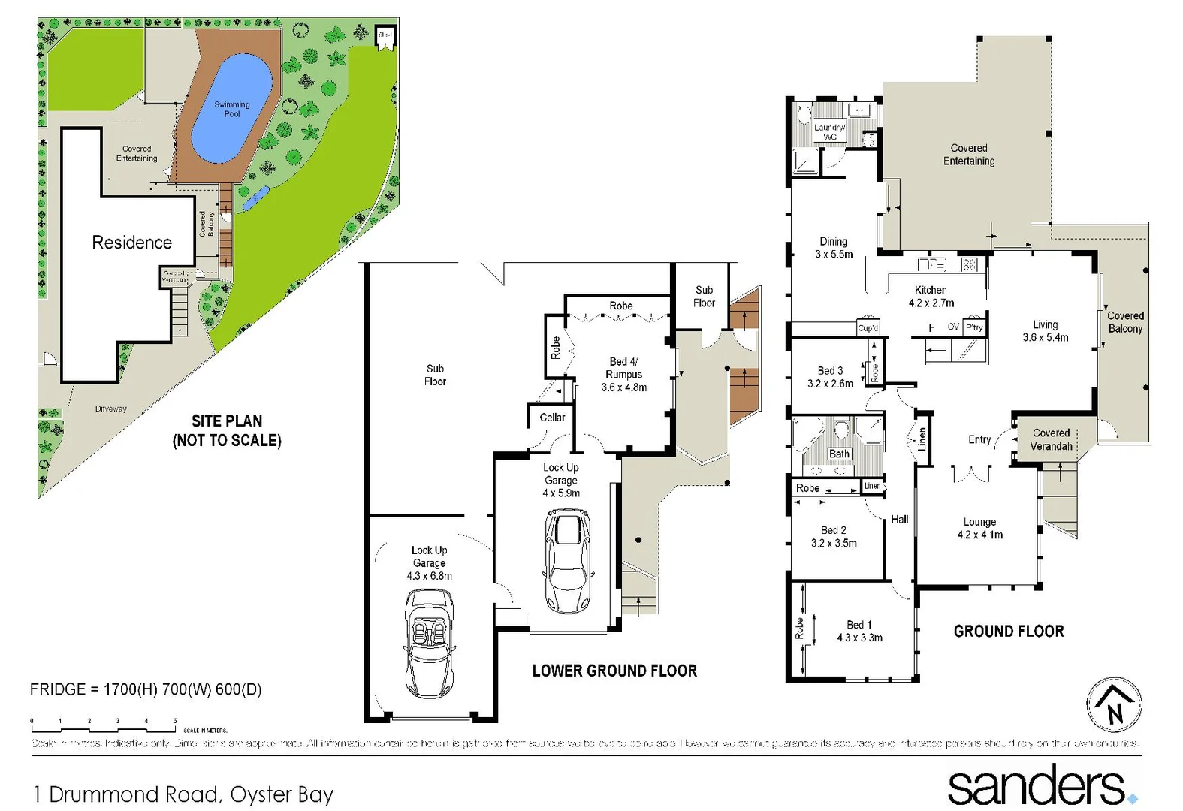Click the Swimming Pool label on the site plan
232,110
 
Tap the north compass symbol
1115,705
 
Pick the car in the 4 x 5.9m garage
566,560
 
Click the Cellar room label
552,418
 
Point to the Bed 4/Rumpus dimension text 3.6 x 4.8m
623,387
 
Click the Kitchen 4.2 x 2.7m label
931,297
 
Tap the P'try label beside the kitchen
974,327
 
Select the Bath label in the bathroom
839,454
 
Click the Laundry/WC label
829,132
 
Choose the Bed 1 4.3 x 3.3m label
859,632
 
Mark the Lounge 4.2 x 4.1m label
979,529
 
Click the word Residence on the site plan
131,243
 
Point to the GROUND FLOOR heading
1009,632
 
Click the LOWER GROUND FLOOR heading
614,671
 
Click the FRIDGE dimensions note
146,689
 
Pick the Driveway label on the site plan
111,409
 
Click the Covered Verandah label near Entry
1051,439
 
